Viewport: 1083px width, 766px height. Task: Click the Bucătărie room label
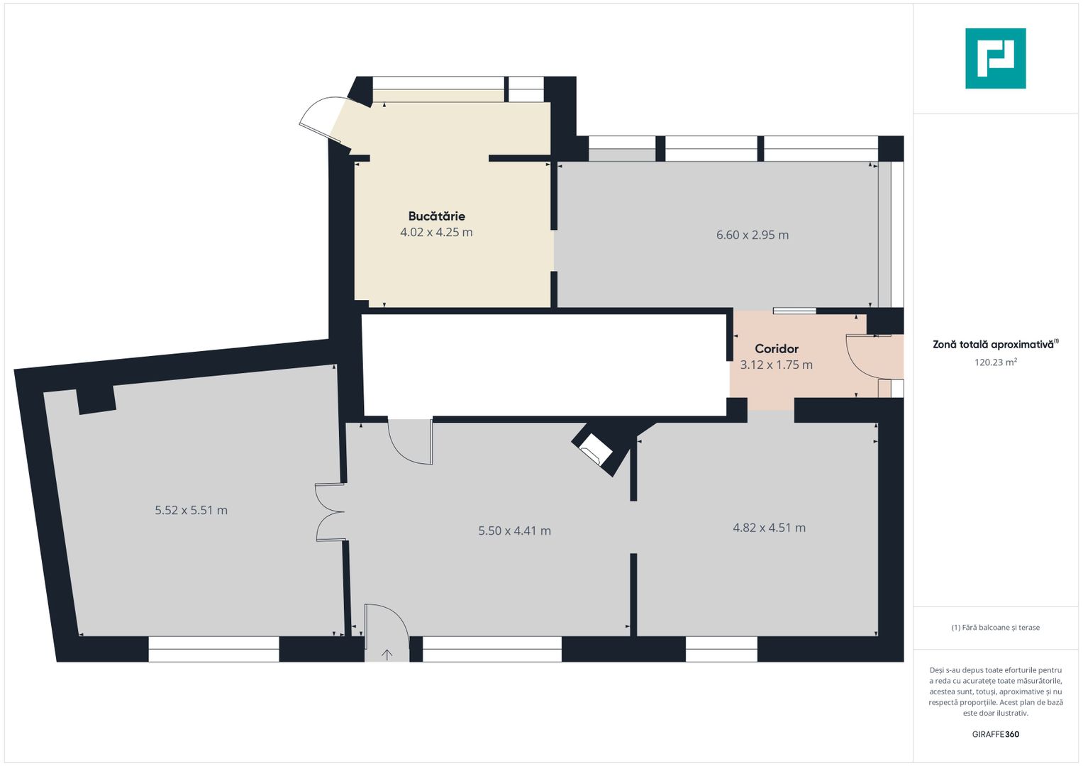436,216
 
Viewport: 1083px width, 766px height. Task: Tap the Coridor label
776,349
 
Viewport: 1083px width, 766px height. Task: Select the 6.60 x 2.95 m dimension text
752,235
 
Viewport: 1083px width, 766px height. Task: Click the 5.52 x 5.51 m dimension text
191,510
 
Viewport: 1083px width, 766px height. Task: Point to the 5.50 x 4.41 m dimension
514,531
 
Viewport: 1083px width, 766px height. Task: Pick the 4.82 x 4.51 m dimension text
769,528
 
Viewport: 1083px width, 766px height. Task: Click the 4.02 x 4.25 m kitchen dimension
436,233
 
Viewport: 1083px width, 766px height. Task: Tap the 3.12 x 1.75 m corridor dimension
776,365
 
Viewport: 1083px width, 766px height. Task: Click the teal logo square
995,58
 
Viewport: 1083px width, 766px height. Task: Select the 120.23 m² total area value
995,362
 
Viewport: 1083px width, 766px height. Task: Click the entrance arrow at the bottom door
387,654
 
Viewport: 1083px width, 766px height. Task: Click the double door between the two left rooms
330,512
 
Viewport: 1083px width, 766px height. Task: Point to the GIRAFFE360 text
995,734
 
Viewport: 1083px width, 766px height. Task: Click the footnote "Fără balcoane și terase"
995,628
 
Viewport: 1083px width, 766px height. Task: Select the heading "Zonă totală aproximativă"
993,345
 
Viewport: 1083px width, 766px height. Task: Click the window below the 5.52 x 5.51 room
213,649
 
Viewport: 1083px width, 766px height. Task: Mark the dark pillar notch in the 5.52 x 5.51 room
96,400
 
